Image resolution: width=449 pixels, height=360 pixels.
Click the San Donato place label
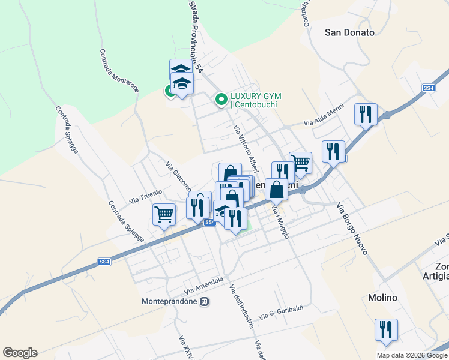pyautogui.click(x=349, y=32)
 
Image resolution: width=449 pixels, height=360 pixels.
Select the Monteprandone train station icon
pyautogui.click(x=205, y=301)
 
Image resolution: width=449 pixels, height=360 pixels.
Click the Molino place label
pyautogui.click(x=382, y=298)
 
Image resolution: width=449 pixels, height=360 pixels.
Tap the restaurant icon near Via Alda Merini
pyautogui.click(x=366, y=114)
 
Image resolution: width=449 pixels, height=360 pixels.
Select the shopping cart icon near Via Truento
pyautogui.click(x=164, y=214)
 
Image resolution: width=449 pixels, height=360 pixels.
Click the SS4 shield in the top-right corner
pyautogui.click(x=428, y=88)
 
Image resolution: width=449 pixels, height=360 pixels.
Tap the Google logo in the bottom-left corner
pyautogui.click(x=20, y=353)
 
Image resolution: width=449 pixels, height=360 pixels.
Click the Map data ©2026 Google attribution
pyautogui.click(x=411, y=355)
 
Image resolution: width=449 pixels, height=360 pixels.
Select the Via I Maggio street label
pyautogui.click(x=280, y=221)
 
